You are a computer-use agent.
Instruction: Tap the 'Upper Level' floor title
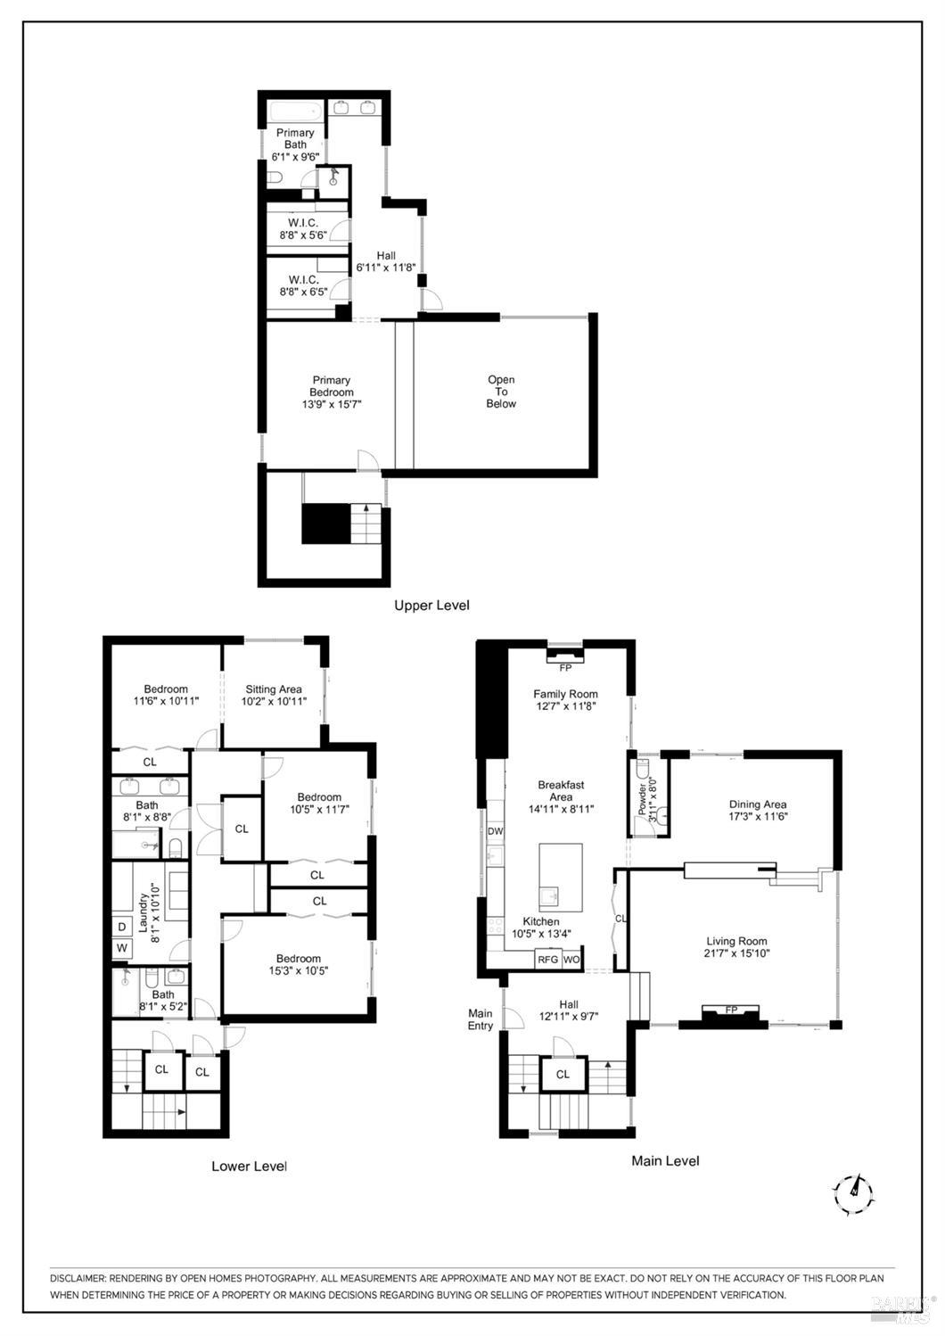pos(431,606)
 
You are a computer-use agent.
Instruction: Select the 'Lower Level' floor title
pos(249,1166)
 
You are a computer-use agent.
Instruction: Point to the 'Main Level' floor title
pos(665,1160)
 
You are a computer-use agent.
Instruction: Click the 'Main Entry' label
pos(481,1019)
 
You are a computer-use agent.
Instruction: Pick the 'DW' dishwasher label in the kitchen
pos(496,831)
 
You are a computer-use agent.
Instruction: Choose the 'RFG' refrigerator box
pos(547,960)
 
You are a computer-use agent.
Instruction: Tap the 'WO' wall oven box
pos(571,960)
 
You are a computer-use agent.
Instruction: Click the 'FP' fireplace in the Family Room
pos(565,666)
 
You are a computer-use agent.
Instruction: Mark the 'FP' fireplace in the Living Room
pos(731,1010)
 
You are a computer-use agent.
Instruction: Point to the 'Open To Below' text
pos(501,392)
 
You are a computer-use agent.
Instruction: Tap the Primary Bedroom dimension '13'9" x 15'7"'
pos(331,404)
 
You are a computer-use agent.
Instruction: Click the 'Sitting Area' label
pos(274,689)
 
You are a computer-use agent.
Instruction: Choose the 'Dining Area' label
pos(757,804)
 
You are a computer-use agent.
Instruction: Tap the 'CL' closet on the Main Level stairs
pos(563,1074)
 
